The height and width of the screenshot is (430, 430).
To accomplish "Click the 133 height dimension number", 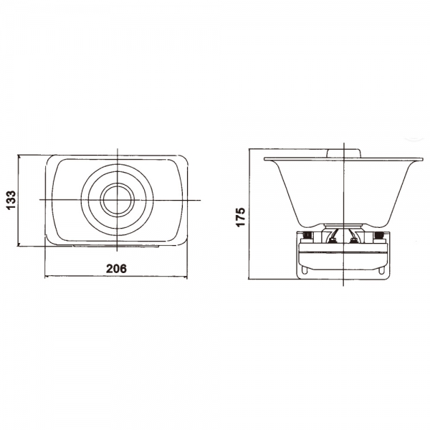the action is (x=11, y=200).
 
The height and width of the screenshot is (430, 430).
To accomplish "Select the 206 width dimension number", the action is (x=117, y=269).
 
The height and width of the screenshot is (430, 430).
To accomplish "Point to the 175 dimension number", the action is (x=240, y=217).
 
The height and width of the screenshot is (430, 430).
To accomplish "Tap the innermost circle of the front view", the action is (x=118, y=200).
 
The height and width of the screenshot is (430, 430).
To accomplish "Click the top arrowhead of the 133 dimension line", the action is (x=19, y=158).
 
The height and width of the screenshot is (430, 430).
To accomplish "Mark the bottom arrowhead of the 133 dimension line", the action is (x=19, y=243).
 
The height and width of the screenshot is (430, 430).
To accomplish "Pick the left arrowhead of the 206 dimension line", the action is (x=48, y=277).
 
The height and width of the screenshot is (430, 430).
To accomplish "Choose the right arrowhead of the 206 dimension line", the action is (x=184, y=277).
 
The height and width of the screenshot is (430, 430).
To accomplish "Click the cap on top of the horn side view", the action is (x=343, y=153).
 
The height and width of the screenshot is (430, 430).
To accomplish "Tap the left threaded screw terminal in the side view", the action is (x=307, y=235).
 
